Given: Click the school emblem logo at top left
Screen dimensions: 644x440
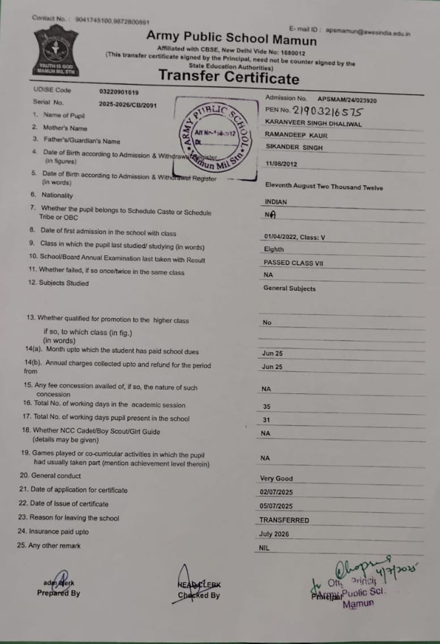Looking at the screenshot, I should click(55, 50).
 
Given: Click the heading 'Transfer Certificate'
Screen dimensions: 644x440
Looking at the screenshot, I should click(228, 77).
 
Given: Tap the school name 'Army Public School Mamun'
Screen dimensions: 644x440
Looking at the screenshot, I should click(232, 38).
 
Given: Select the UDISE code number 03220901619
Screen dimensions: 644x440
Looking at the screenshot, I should click(118, 92).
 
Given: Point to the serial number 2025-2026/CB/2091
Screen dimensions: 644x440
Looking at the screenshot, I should click(127, 104).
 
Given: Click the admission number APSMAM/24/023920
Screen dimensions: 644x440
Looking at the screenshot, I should click(347, 100).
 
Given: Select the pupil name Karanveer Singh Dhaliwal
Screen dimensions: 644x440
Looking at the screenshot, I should click(313, 123).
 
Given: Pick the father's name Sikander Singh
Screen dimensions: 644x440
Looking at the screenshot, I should click(293, 147).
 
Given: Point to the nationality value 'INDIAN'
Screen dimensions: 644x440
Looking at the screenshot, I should click(276, 201).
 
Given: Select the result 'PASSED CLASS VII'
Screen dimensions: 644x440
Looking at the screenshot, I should click(293, 263).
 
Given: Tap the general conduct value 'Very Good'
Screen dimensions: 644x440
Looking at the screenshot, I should click(276, 478).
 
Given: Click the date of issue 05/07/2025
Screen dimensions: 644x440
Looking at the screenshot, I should click(276, 506).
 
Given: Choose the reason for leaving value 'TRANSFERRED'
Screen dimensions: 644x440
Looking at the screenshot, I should click(284, 520).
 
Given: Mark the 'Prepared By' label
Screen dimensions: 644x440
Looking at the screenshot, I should click(58, 594).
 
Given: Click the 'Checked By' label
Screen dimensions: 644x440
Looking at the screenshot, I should click(199, 595).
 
